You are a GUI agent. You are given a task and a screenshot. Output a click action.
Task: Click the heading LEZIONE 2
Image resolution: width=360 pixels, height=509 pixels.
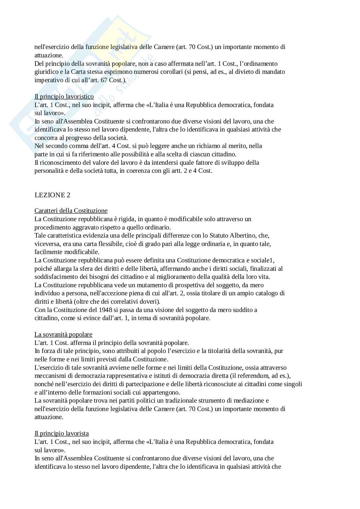pyautogui.click(x=52, y=195)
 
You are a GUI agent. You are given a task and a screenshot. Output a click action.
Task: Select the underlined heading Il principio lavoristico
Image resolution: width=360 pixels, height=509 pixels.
pyautogui.click(x=64, y=97)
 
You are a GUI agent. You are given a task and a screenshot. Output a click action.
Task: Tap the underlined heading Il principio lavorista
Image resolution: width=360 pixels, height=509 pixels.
pyautogui.click(x=61, y=434)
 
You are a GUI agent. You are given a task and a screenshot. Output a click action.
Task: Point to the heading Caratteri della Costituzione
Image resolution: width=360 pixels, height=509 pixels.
pyautogui.click(x=71, y=211)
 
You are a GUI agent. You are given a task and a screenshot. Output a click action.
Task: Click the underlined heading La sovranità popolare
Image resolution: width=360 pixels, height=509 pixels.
pyautogui.click(x=63, y=335)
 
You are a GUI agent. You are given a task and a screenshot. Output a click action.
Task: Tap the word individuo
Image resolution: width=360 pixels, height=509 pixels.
pyautogui.click(x=46, y=293)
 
